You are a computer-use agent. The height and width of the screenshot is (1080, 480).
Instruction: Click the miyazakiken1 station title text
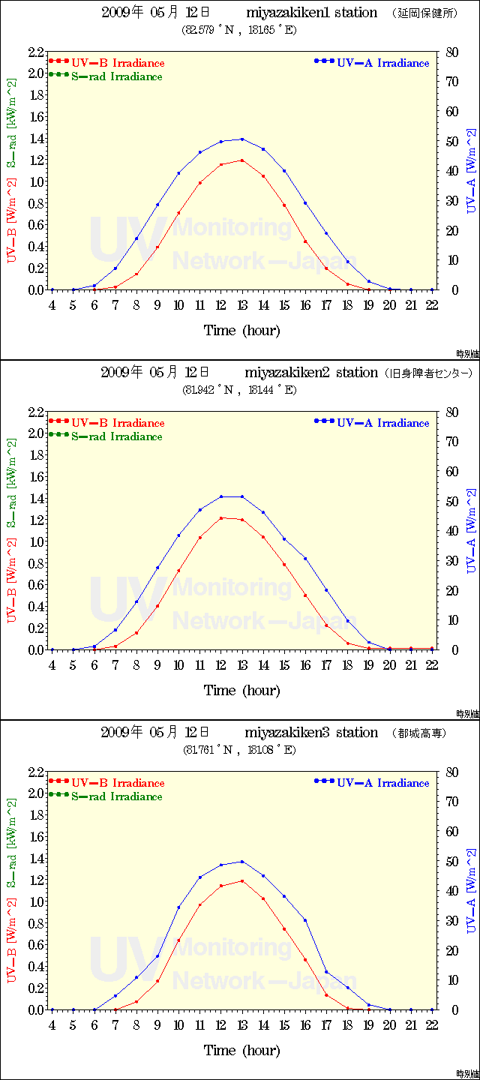click(x=311, y=13)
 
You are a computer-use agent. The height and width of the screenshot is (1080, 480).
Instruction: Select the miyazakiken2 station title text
click(x=311, y=373)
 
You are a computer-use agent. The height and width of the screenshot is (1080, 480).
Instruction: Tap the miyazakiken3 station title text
click(x=311, y=733)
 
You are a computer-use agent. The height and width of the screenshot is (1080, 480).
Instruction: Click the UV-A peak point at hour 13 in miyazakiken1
click(x=242, y=139)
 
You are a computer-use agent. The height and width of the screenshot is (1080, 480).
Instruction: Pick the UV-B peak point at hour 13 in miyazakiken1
click(x=242, y=160)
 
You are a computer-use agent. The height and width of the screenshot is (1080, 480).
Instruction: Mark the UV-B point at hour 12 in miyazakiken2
click(x=221, y=517)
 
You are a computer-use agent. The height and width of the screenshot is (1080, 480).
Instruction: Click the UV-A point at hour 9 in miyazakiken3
click(x=157, y=955)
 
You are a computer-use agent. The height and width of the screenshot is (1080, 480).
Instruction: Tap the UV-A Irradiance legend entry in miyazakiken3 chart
click(x=382, y=783)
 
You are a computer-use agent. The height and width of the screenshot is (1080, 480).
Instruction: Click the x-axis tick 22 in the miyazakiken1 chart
click(x=433, y=305)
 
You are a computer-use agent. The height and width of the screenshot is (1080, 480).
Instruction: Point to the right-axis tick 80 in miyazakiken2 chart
click(x=451, y=412)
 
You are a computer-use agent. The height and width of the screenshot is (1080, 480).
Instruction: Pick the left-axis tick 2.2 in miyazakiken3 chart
click(x=34, y=772)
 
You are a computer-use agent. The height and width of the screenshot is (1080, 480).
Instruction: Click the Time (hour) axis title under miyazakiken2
click(x=242, y=690)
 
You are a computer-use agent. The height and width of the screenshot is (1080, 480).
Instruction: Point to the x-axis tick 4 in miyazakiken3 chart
click(x=52, y=1025)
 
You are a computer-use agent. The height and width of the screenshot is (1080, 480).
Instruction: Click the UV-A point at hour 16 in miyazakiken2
click(x=305, y=559)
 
